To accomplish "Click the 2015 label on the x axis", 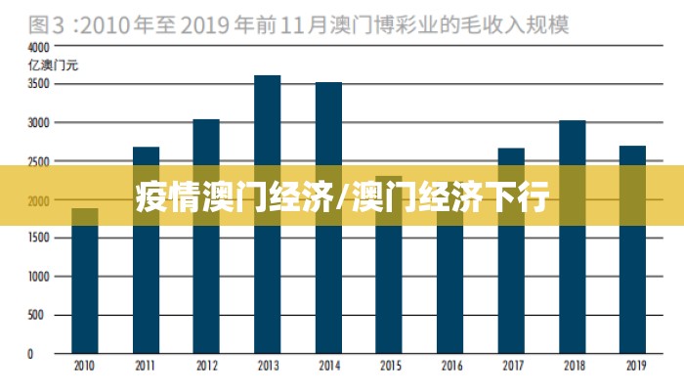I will (389, 366).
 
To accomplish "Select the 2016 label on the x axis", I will (450, 366).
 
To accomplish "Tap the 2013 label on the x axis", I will (267, 366).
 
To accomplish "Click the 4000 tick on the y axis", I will (37, 47).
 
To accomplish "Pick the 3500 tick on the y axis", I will (37, 85).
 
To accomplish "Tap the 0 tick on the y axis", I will (31, 354).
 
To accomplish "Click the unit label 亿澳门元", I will (47, 65).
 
